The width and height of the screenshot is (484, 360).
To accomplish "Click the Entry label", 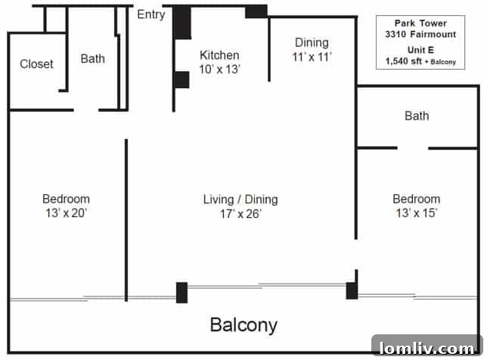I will [151, 14].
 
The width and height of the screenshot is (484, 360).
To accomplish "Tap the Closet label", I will [36, 64].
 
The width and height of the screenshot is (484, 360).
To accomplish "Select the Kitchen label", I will [219, 55].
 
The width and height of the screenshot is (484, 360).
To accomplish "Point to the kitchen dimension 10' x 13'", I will [219, 69].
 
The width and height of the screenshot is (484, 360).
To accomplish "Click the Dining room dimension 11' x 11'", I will [312, 56].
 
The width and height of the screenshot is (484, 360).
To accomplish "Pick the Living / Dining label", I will [240, 200].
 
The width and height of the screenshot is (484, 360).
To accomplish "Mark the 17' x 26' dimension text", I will [240, 213].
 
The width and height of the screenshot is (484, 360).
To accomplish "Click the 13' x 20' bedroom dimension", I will [67, 213].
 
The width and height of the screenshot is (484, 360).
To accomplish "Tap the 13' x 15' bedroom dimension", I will [416, 213].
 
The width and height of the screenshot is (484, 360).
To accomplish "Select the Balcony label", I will [244, 326].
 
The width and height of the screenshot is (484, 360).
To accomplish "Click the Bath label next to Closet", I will [93, 58].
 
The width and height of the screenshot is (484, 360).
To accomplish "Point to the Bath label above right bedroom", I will [417, 116].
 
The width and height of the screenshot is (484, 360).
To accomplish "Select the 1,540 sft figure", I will [405, 61].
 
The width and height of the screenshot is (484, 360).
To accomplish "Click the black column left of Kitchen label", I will [181, 79].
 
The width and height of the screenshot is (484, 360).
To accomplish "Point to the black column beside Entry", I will [181, 23].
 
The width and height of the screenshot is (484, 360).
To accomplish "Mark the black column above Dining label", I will [256, 11].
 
